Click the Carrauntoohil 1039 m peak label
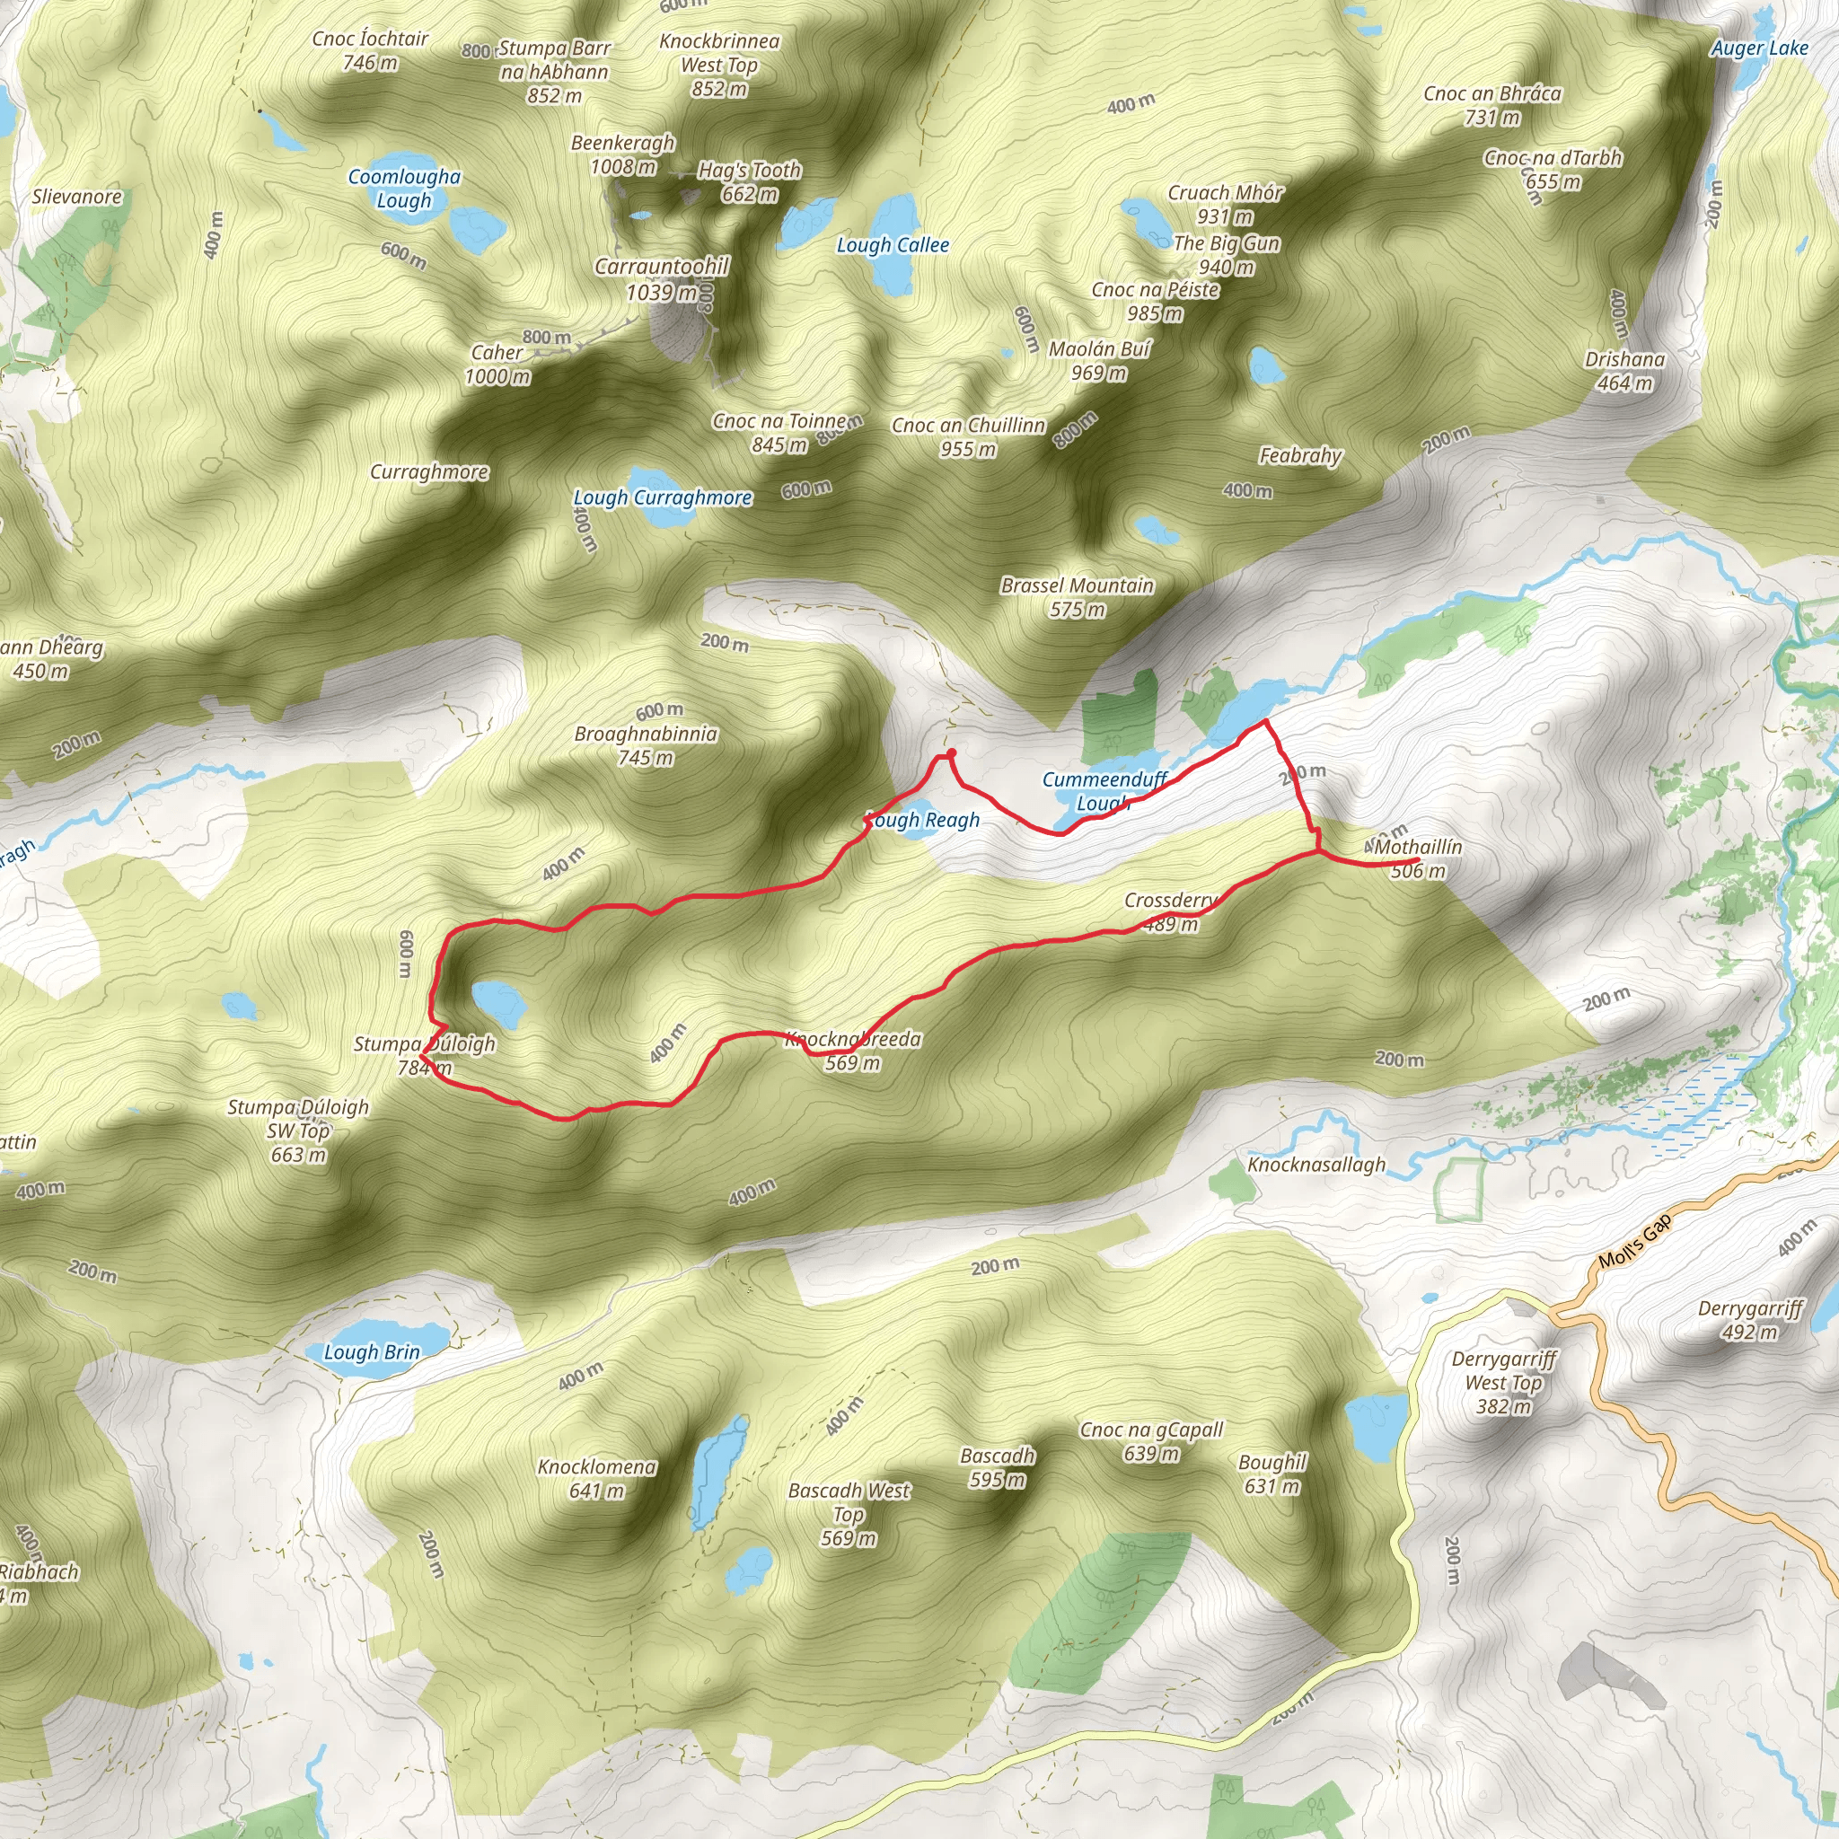[x=662, y=279]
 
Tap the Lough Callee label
[x=892, y=245]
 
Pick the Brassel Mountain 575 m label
[x=1077, y=597]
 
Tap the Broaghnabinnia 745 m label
[x=646, y=745]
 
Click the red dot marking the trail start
[x=951, y=752]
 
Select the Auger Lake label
[x=1759, y=48]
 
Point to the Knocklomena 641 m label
[x=596, y=1478]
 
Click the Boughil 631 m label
[x=1271, y=1474]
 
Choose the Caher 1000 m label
[x=497, y=365]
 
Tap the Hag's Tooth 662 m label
[x=749, y=181]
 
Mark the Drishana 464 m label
[x=1623, y=371]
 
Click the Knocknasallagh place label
[x=1315, y=1164]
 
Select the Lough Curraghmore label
[x=662, y=497]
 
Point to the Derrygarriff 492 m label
[x=1749, y=1319]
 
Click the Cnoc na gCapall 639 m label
[x=1151, y=1441]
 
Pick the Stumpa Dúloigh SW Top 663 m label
[x=298, y=1131]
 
